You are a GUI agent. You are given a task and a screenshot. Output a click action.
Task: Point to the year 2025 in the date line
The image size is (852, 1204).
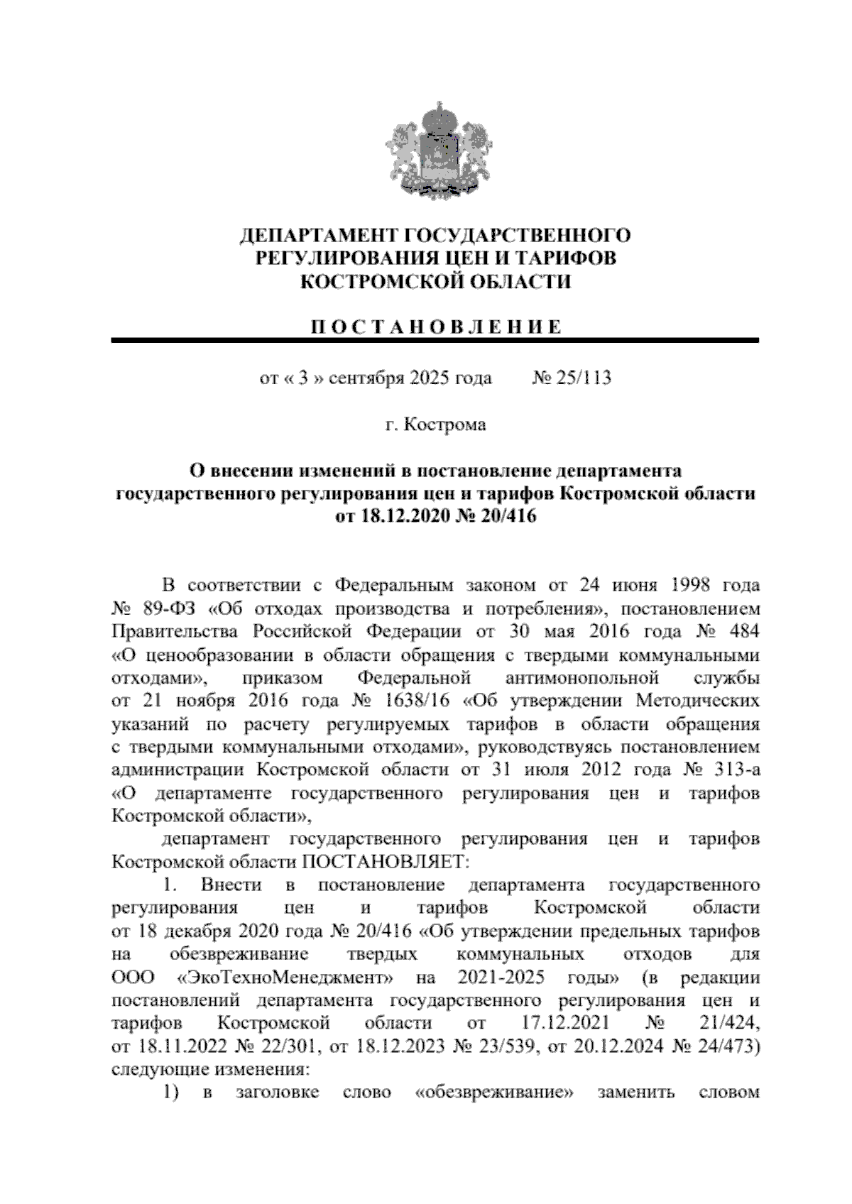[x=429, y=377]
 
